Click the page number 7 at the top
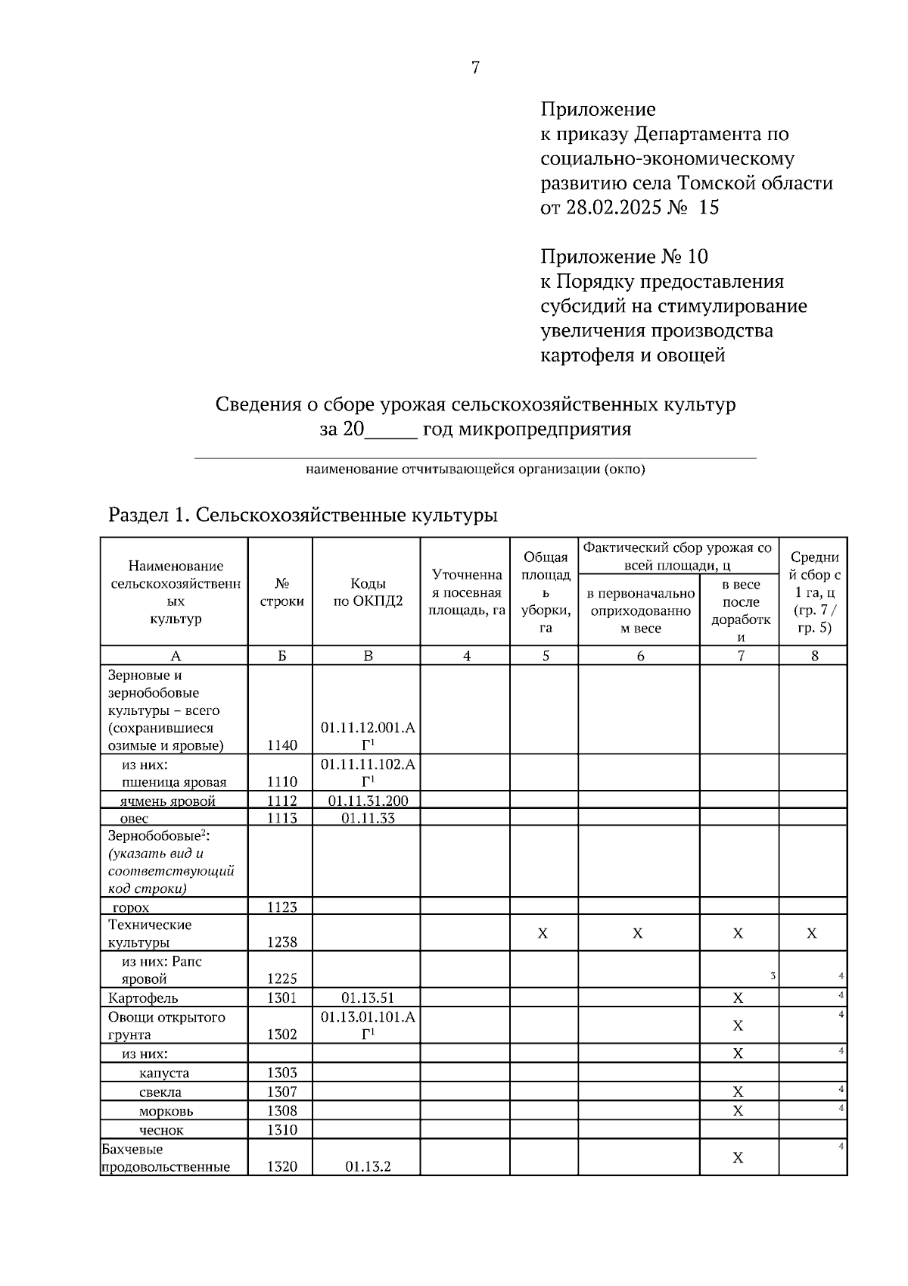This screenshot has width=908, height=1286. (475, 68)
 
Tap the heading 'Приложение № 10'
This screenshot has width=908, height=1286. (623, 257)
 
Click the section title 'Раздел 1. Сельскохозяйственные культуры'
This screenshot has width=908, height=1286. (303, 516)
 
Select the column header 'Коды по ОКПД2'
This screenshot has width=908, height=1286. (368, 592)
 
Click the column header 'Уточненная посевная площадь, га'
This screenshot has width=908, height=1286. (466, 592)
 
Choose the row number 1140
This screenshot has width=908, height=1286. (282, 745)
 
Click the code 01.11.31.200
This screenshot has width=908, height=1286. (368, 801)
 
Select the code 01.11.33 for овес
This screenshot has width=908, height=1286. (368, 818)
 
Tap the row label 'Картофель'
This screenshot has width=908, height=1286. (143, 998)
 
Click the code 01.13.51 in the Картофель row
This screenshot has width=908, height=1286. (368, 998)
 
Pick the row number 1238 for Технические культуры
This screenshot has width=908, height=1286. (282, 942)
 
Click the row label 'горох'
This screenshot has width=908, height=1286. (130, 907)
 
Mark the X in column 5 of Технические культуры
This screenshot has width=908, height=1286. (543, 934)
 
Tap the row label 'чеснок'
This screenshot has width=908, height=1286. (161, 1130)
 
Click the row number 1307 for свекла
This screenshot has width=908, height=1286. (282, 1091)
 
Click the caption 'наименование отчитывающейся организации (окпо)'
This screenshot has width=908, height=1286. (475, 470)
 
